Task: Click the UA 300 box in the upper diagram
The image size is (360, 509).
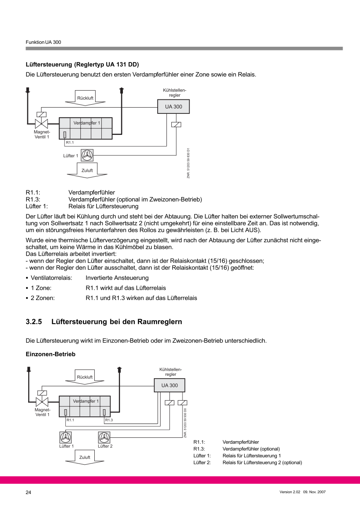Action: tap(173, 107)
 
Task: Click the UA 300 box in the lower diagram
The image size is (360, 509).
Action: tap(169, 385)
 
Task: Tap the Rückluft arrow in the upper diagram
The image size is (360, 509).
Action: tap(85, 98)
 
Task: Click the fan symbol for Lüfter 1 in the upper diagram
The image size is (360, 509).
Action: tap(87, 155)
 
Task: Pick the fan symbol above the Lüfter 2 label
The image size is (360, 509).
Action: tap(105, 437)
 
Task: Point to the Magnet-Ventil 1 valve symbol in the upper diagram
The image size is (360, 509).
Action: tap(41, 123)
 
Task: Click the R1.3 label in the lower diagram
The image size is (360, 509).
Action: tap(109, 420)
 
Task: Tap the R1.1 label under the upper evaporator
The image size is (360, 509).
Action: tap(70, 142)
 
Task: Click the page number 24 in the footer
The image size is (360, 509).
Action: tap(29, 492)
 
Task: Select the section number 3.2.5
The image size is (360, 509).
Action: tap(34, 322)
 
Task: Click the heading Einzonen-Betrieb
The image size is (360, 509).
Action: tap(50, 354)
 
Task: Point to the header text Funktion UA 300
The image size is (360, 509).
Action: tap(43, 42)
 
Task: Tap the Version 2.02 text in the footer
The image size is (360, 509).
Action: tap(289, 492)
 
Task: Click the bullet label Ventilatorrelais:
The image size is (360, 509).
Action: tap(52, 278)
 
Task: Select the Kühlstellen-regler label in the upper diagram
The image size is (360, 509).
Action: tap(175, 92)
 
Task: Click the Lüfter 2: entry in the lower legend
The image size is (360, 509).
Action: tap(202, 462)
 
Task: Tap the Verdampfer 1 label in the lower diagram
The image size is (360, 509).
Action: tap(86, 401)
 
